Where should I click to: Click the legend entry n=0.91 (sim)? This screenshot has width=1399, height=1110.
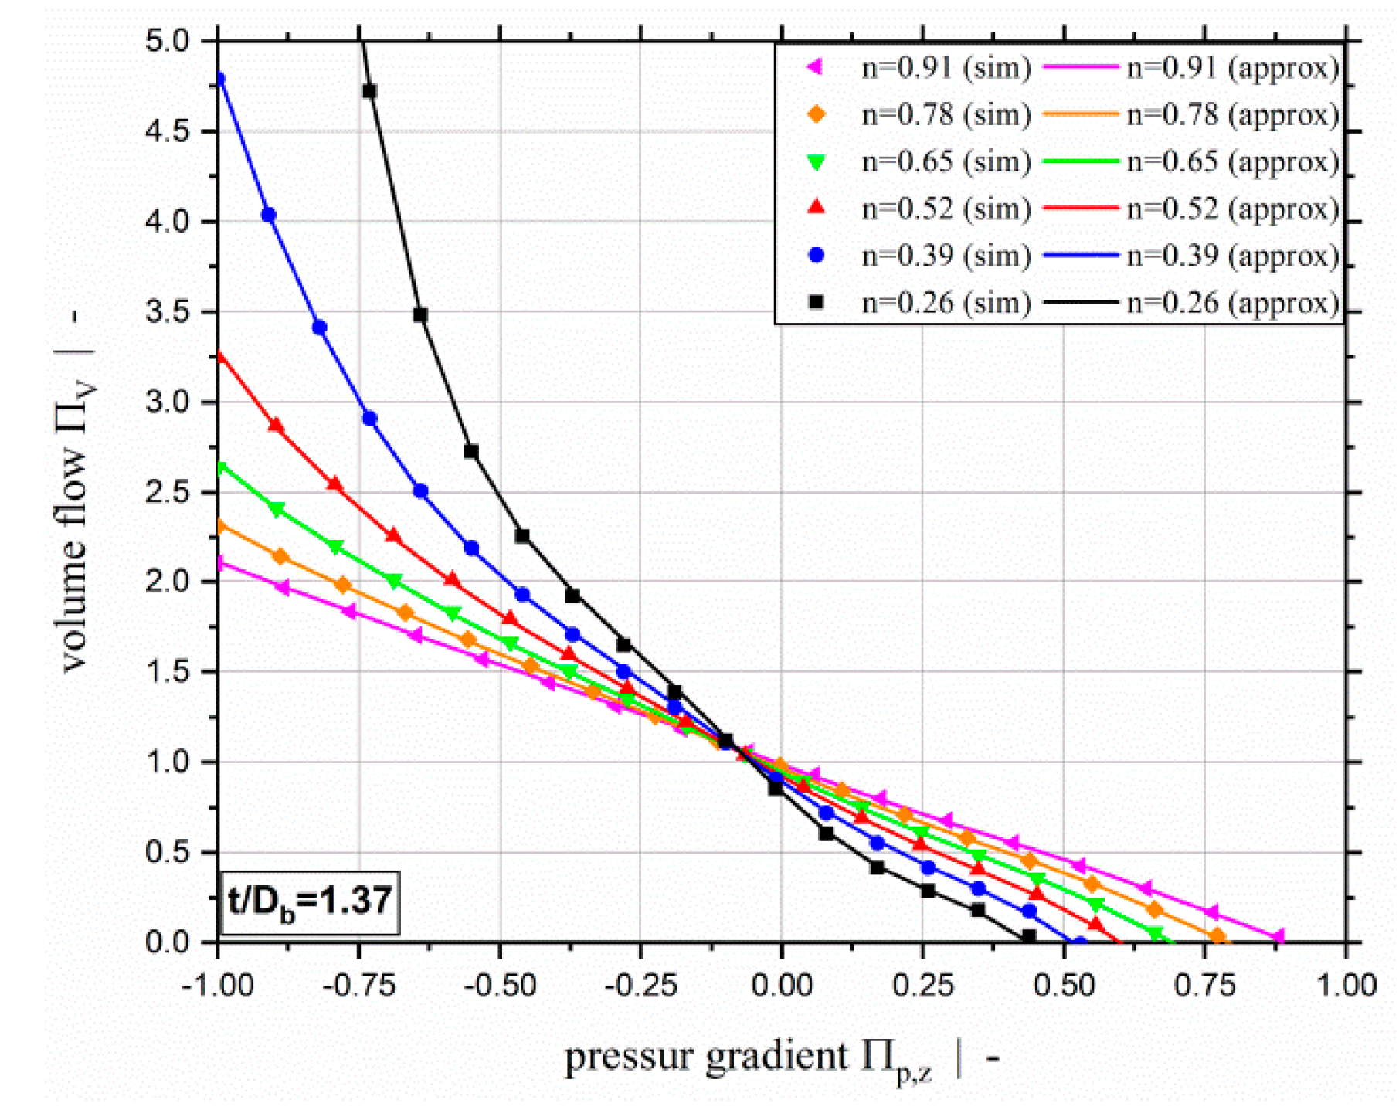click(946, 68)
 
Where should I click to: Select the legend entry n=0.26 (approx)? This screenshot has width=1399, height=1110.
click(1232, 302)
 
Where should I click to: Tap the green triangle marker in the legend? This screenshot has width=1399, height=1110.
click(816, 162)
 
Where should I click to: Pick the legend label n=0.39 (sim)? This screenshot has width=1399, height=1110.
click(946, 256)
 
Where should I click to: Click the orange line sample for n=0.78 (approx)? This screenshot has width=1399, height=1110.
click(1080, 114)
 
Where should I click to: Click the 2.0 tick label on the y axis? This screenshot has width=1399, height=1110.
click(167, 582)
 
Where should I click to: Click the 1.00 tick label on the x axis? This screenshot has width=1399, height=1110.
click(1345, 986)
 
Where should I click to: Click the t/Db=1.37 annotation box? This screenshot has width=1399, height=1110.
click(310, 902)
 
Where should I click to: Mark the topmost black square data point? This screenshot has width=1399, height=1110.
click(369, 91)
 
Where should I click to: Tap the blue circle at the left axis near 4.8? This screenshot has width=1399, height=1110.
click(219, 78)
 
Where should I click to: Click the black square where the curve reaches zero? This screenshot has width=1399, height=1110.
click(1028, 937)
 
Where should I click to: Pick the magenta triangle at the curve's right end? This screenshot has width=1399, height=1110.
click(1278, 937)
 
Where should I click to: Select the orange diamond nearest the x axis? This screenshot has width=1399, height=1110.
click(1217, 937)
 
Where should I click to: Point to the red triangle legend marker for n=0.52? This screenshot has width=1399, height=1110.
click(816, 208)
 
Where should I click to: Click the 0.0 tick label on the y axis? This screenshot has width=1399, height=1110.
click(167, 942)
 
